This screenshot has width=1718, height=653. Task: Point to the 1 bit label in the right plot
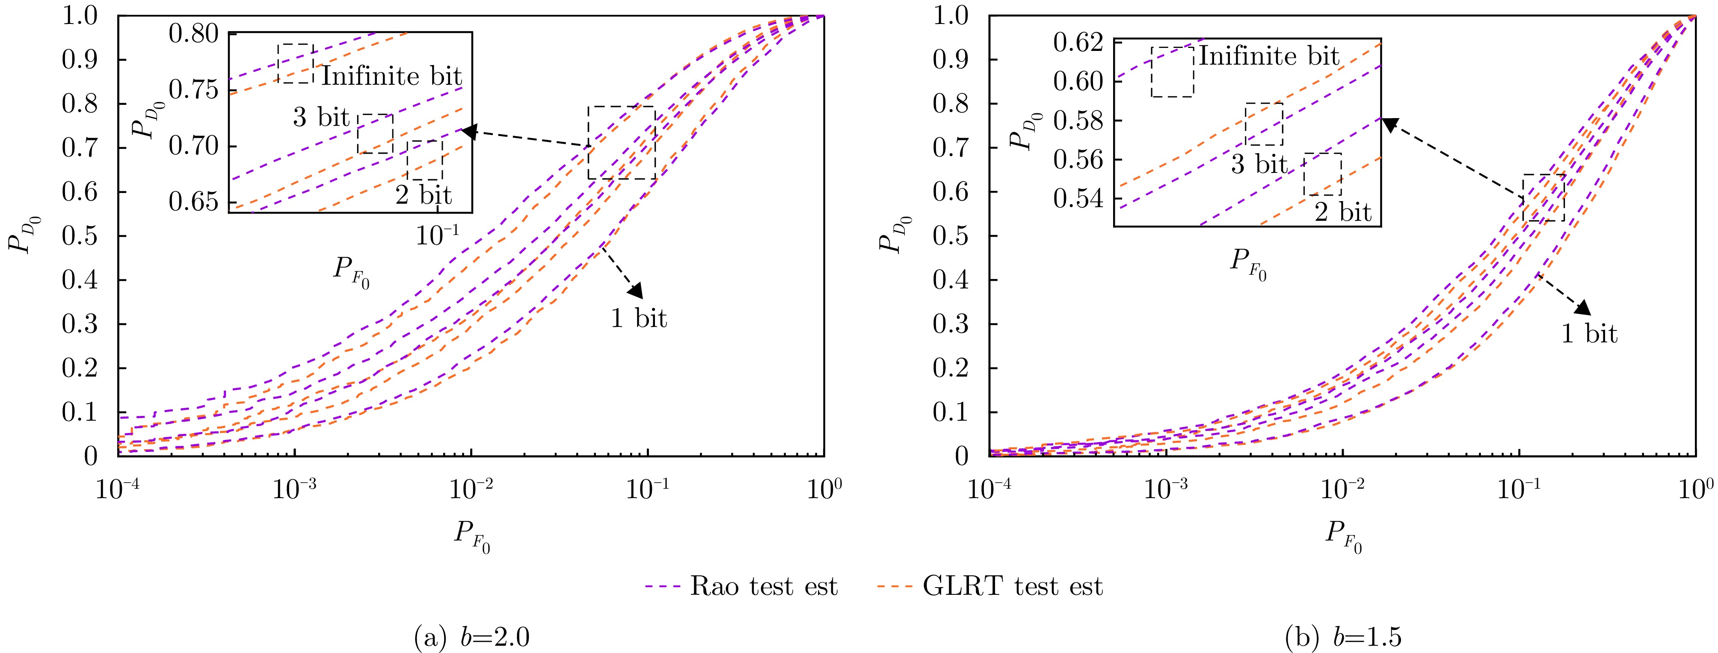coord(1589,333)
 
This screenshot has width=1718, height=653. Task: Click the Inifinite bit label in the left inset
coord(392,76)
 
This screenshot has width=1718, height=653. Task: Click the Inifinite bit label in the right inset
coord(1269,56)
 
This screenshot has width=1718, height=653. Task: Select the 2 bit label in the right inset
coord(1342,212)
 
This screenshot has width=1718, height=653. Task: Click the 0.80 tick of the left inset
coord(193,33)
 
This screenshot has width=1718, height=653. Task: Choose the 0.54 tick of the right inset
coord(1078,199)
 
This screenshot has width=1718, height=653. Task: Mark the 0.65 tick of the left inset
coord(193,202)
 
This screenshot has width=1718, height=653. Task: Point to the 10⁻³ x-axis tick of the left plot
coord(295,490)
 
